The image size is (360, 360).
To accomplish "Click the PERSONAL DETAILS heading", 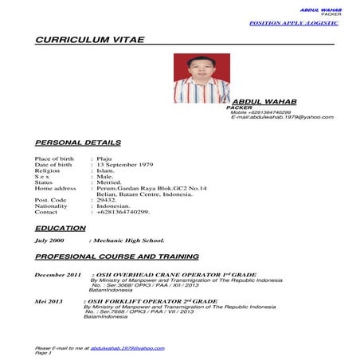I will click(x=78, y=143).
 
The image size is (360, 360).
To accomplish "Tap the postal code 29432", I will click(x=106, y=200).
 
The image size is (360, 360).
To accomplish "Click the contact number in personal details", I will click(x=123, y=213).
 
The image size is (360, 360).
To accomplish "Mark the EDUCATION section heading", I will click(x=61, y=229).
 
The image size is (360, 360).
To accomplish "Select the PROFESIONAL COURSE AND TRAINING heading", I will click(x=116, y=257).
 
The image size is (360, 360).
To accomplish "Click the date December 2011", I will click(x=58, y=275).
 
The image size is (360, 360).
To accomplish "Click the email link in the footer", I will click(x=127, y=348).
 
